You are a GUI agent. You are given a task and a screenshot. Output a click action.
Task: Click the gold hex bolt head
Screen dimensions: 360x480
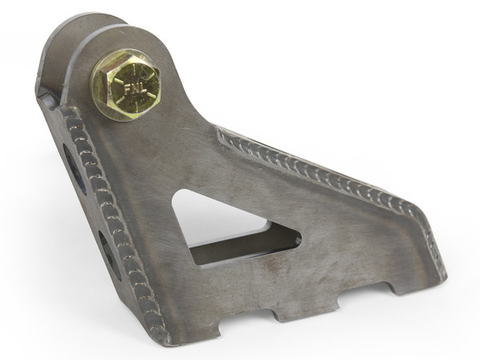pos(126,83)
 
